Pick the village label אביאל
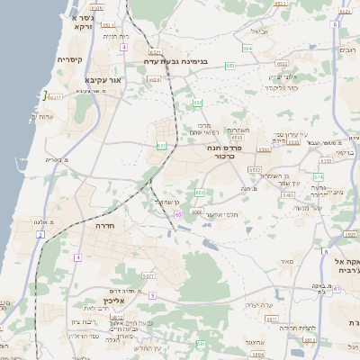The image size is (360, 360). (259, 31)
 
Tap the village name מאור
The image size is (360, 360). (287, 261)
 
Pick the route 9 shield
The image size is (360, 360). (152, 295)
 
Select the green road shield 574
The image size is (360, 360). (318, 176)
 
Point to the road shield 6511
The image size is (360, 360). (56, 96)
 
